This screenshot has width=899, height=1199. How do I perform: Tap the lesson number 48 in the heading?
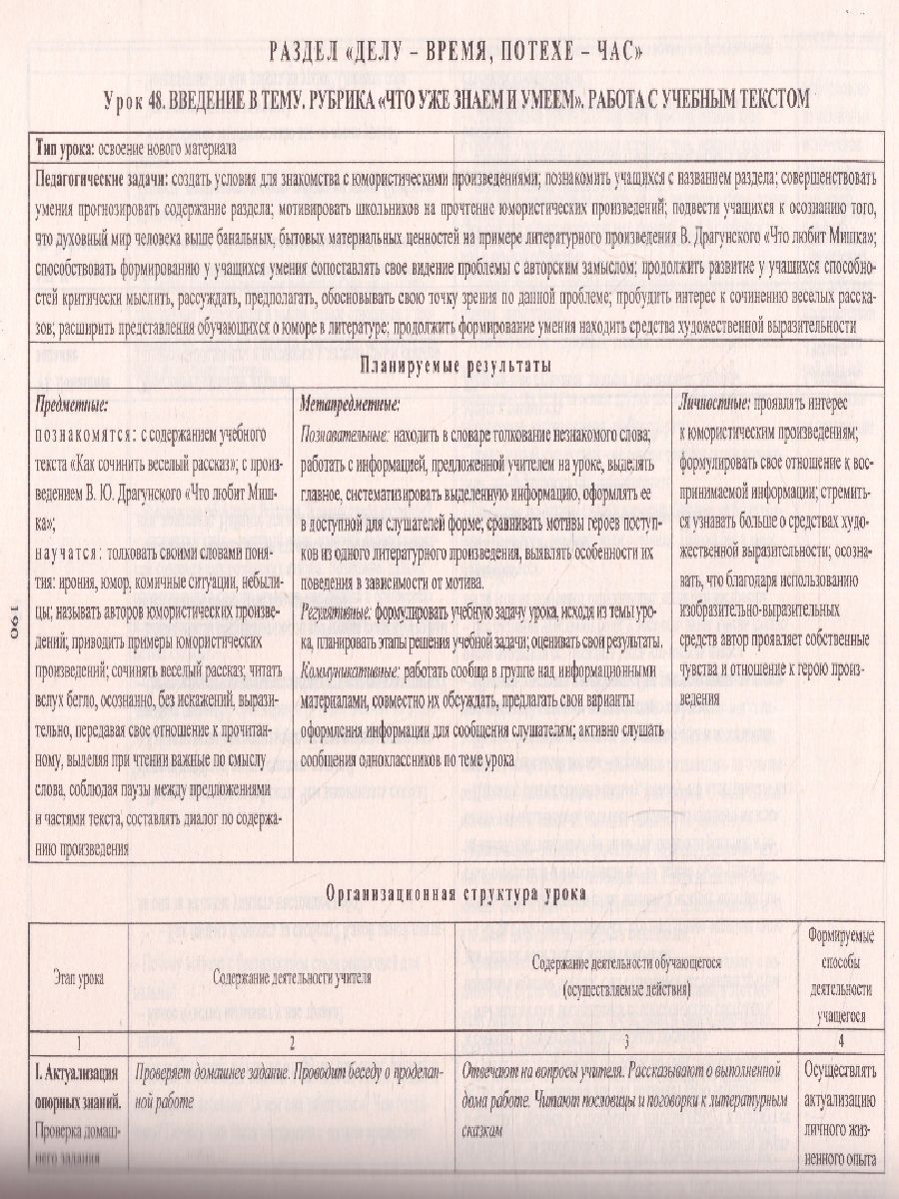[178, 102]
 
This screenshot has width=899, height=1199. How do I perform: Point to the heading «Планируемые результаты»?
[455, 365]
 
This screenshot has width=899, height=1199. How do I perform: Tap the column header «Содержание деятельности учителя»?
[292, 977]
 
